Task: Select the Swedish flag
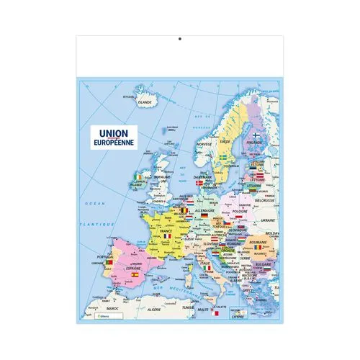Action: pos(224,156)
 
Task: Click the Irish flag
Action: pos(138,177)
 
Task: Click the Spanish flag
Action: pos(133,274)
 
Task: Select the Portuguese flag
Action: pos(109,263)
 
